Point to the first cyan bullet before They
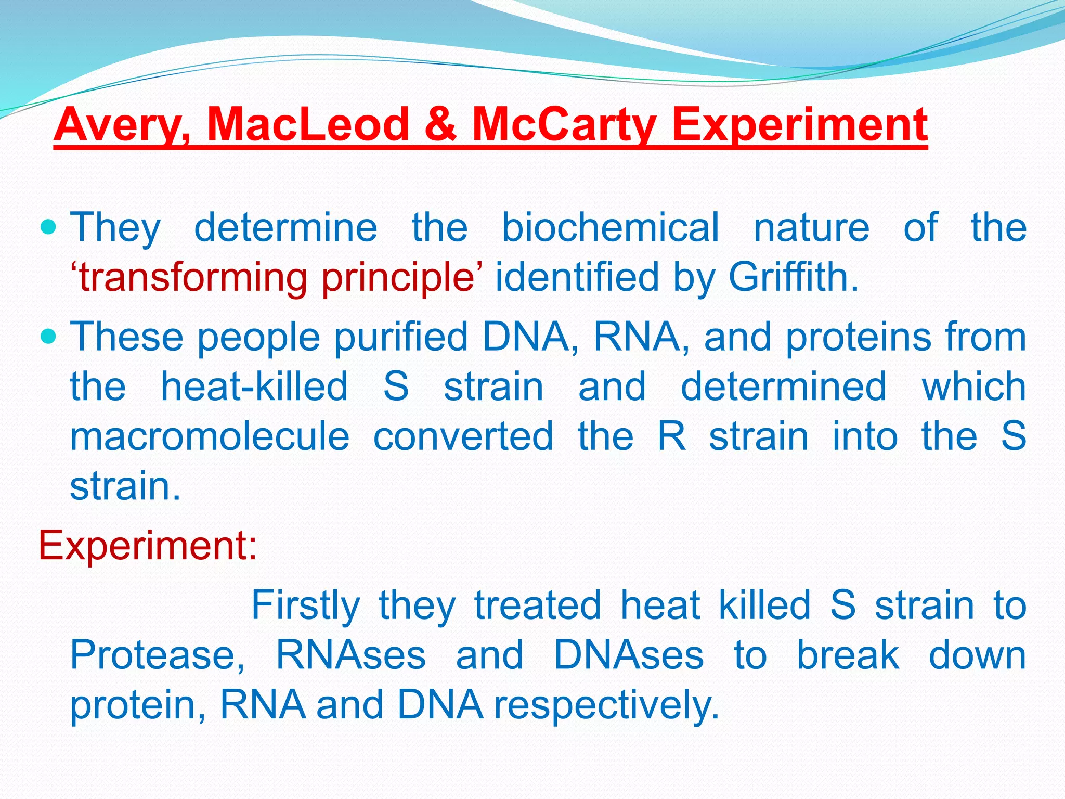pos(48,227)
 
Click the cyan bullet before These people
pos(48,337)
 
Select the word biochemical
pos(611,227)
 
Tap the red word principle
pos(397,277)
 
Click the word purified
pos(401,337)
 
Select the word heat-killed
pos(254,386)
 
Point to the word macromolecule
pos(210,436)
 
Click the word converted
pos(463,436)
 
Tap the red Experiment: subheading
pos(148,545)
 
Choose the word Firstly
pos(306,605)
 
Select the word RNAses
pos(351,655)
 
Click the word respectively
pos(606,705)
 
